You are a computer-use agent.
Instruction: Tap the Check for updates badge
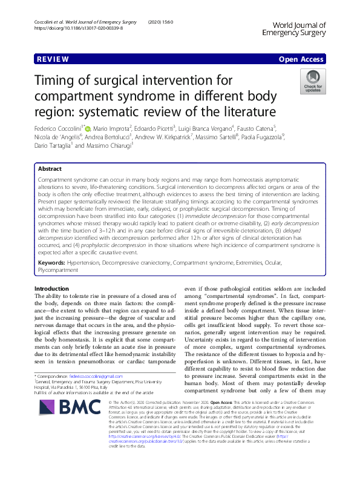[312, 81]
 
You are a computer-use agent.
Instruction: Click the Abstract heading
[50, 169]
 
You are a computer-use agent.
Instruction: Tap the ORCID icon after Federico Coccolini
[88, 128]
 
